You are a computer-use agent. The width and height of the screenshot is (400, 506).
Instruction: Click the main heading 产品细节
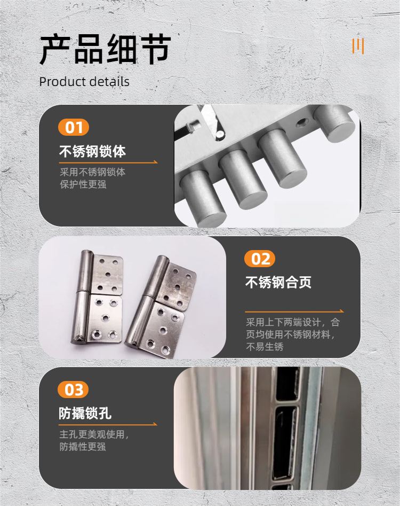click(105, 50)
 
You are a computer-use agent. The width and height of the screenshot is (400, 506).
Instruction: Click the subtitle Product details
click(84, 82)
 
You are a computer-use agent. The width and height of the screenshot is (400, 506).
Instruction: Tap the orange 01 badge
click(74, 128)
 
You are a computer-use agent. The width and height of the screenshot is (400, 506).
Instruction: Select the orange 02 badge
click(260, 259)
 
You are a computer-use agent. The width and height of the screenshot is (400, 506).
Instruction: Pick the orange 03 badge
click(74, 390)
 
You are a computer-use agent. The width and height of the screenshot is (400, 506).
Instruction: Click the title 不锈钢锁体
click(92, 152)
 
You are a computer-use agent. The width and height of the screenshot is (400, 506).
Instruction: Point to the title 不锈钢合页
click(278, 283)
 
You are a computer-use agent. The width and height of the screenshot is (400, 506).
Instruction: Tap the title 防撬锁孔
click(85, 414)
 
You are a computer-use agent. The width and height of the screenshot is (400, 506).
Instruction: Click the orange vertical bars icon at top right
click(358, 46)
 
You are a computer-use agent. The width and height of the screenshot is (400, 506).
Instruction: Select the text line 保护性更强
click(83, 185)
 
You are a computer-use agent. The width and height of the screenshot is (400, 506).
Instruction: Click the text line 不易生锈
click(265, 347)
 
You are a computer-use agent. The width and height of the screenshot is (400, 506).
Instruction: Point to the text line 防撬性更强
click(83, 447)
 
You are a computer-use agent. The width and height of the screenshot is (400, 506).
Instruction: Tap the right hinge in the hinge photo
click(160, 307)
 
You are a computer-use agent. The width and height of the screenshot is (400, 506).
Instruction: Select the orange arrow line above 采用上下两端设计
click(294, 311)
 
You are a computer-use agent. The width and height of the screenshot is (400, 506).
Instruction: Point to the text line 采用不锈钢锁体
click(92, 173)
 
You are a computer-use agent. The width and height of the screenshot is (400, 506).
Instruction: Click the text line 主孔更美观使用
click(94, 435)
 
